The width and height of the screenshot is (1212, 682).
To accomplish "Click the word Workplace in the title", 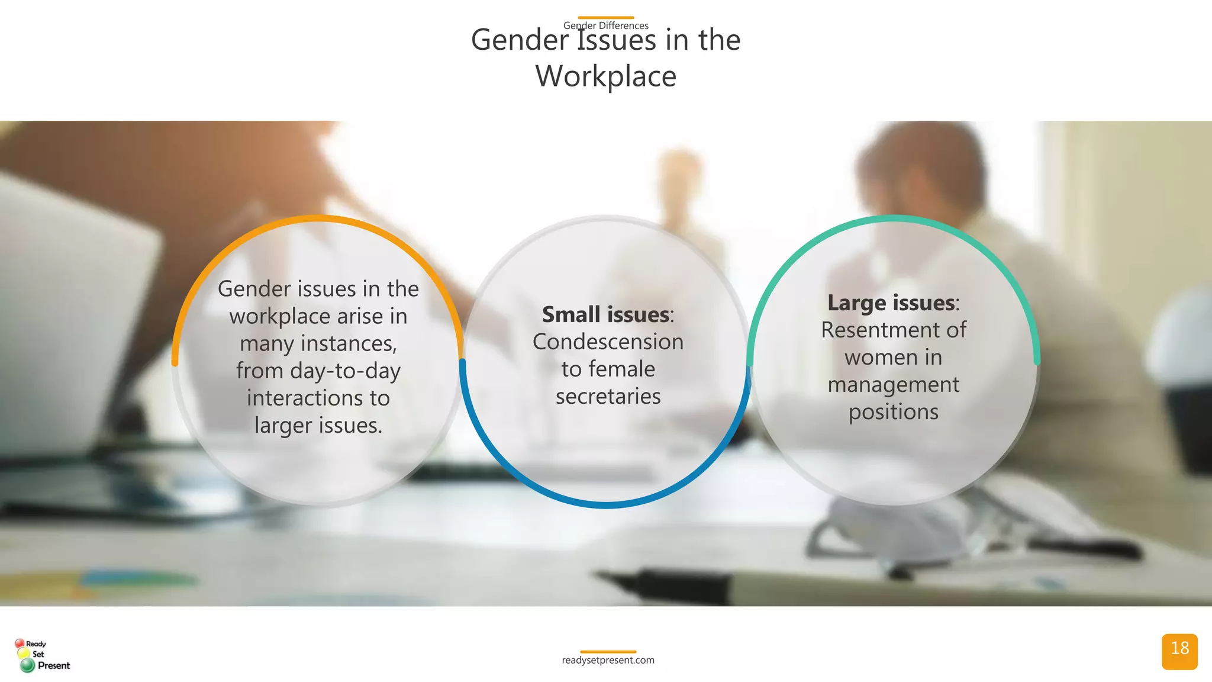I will [605, 76].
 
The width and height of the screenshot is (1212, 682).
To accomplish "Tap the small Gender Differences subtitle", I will [605, 25].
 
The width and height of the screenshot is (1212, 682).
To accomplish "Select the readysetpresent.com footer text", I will [608, 660].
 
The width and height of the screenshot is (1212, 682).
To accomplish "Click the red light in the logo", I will [20, 643].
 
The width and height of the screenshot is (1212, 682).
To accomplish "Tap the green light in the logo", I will [27, 665].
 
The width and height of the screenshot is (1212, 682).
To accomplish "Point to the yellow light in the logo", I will [24, 654].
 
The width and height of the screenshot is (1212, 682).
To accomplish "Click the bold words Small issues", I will [605, 314].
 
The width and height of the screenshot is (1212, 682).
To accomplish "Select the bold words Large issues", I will [891, 303].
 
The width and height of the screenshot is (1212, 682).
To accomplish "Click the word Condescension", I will [608, 342].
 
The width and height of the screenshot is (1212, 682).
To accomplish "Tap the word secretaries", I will [608, 396].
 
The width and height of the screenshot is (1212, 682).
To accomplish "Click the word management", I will [893, 384].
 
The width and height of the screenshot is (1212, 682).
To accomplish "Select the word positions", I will [893, 412].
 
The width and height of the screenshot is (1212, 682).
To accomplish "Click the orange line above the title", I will [605, 18].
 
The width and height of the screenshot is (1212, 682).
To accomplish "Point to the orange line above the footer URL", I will [608, 652].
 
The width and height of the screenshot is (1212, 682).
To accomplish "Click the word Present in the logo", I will [54, 665].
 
